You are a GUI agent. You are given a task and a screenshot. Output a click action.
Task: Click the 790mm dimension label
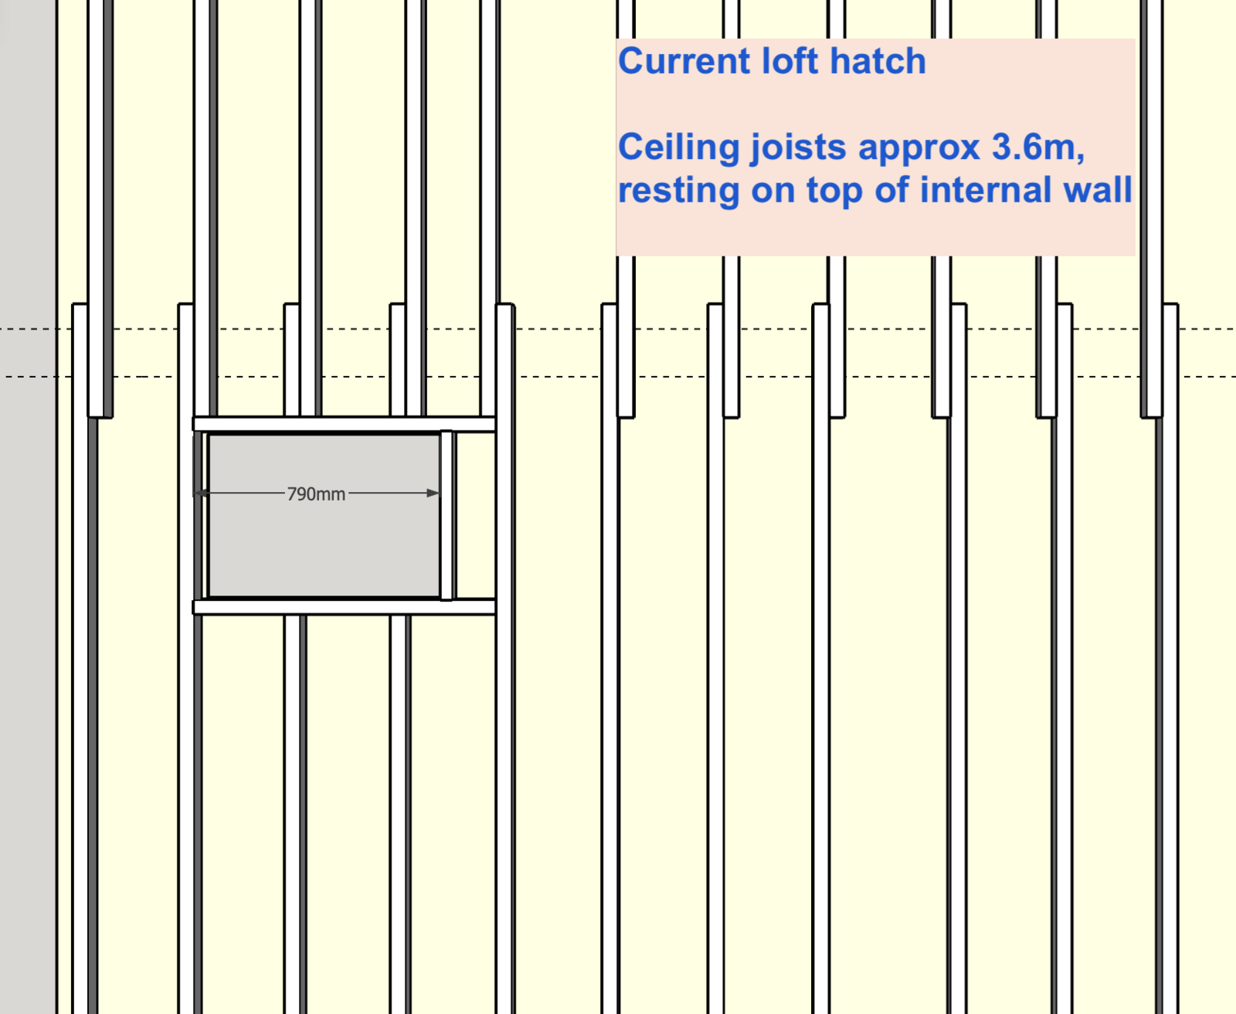point(316,493)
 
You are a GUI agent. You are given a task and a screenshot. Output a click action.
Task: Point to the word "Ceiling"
point(679,148)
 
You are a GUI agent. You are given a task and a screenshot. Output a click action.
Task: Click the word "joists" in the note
point(798,148)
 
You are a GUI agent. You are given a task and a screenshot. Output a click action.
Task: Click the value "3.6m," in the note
point(1038,147)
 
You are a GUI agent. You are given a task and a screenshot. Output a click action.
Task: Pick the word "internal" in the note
point(982,190)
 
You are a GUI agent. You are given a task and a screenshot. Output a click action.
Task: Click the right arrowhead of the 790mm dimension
point(433,493)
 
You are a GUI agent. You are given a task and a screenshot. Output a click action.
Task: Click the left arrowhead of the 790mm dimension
point(200,493)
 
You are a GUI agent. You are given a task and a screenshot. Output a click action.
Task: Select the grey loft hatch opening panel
point(324,515)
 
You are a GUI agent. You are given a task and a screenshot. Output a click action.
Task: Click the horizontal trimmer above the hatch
point(344,424)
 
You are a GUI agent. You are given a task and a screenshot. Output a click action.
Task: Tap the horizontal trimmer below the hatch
point(344,607)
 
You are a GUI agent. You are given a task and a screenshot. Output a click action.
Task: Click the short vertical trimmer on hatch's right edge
point(447,515)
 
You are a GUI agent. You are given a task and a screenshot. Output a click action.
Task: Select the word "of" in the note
point(891,190)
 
